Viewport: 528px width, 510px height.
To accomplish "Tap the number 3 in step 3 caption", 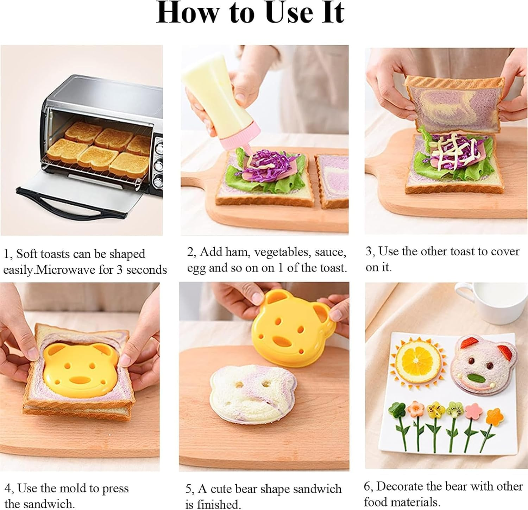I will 369,251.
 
